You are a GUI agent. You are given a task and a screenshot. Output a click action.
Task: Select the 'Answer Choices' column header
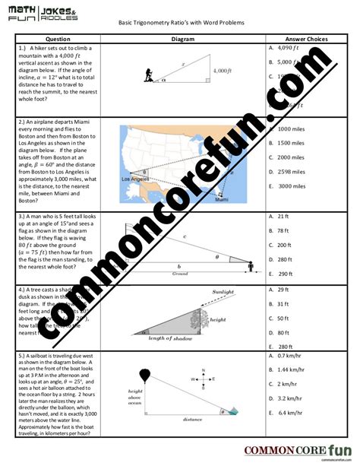pyautogui.click(x=306, y=38)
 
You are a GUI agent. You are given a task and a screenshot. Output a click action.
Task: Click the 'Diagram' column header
pyautogui.click(x=183, y=38)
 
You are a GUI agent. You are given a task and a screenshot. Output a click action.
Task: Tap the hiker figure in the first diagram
pyautogui.click(x=147, y=75)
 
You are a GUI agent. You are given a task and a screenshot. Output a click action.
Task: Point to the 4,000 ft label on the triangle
pyautogui.click(x=221, y=71)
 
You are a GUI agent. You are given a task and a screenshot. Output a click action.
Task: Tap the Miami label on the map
pyautogui.click(x=221, y=199)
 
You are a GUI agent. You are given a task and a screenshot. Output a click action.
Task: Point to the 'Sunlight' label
pyautogui.click(x=223, y=291)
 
